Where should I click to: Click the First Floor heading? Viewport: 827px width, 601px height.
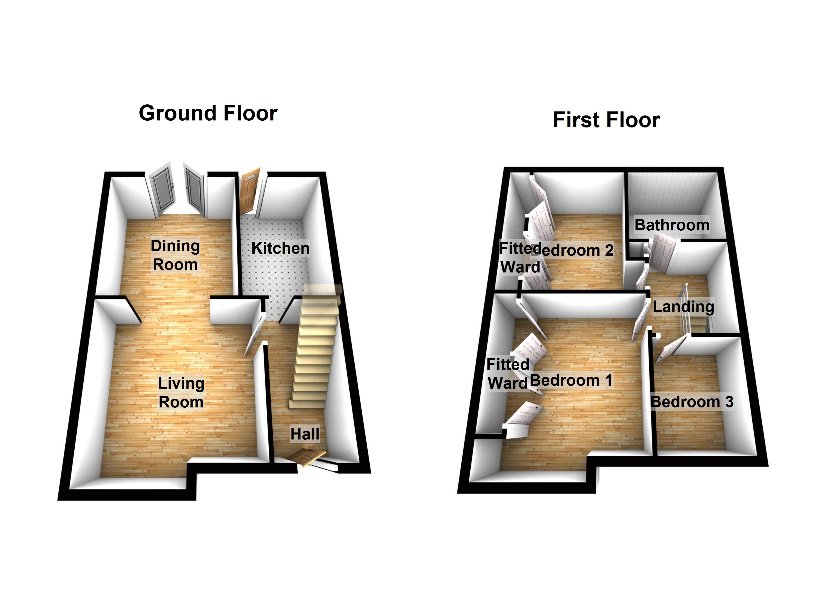(x=606, y=120)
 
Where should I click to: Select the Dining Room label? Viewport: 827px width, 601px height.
(x=175, y=255)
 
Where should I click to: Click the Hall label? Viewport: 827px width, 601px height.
(x=305, y=434)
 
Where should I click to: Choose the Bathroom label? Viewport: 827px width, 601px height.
(x=672, y=225)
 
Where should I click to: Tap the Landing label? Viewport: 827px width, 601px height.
(x=683, y=307)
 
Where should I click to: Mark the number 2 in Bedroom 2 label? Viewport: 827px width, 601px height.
(x=609, y=250)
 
